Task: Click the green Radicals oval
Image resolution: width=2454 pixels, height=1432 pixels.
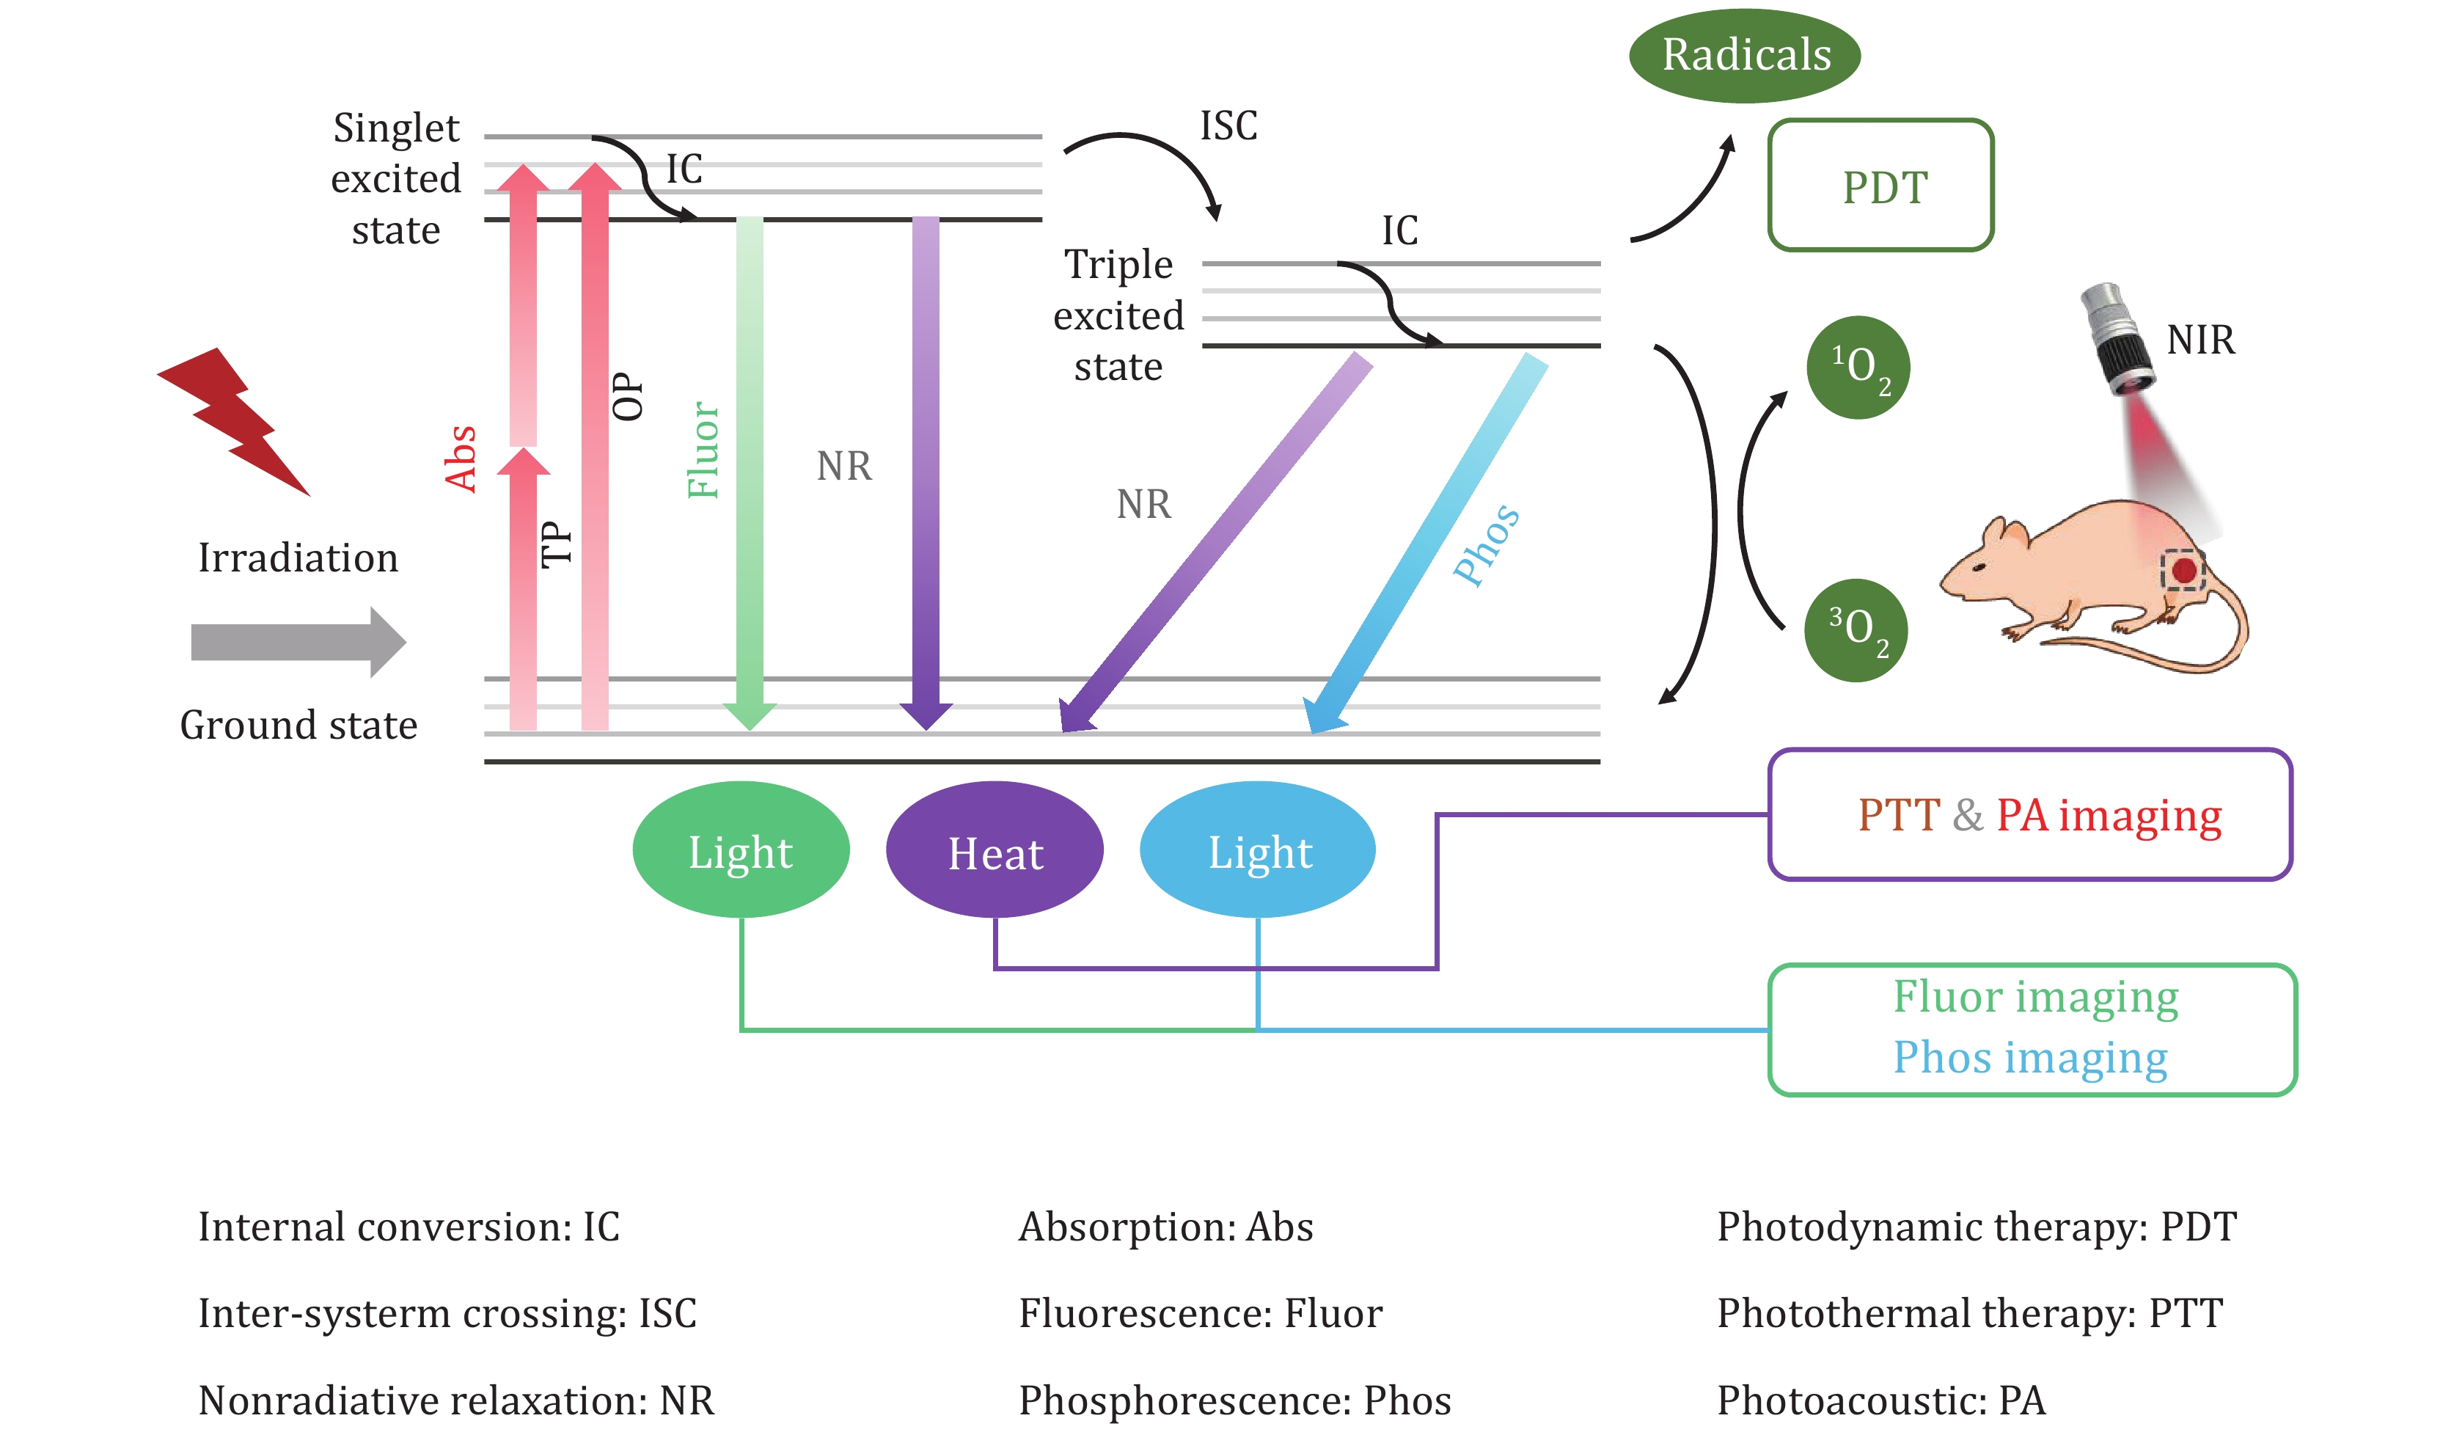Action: pyautogui.click(x=1744, y=54)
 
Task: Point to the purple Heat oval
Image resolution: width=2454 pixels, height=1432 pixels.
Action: pyautogui.click(x=995, y=850)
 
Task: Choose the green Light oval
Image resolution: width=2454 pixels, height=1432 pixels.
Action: pyautogui.click(x=740, y=850)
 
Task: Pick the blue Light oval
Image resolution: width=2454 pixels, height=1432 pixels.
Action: pyautogui.click(x=1257, y=850)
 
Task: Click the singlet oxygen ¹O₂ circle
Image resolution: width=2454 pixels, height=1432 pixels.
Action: pyautogui.click(x=1857, y=368)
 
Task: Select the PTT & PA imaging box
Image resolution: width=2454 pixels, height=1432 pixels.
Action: pyautogui.click(x=2030, y=814)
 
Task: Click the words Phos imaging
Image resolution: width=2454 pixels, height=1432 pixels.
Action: pyautogui.click(x=2029, y=1057)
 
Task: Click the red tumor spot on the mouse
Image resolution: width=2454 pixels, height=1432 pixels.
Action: pyautogui.click(x=2183, y=570)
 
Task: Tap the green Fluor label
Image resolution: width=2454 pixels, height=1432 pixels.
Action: pyautogui.click(x=703, y=450)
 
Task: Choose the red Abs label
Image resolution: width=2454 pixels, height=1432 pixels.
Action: pyautogui.click(x=461, y=458)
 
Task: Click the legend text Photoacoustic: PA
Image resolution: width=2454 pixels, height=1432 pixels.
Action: pyautogui.click(x=1880, y=1400)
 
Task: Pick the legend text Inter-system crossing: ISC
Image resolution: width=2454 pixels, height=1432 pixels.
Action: pyautogui.click(x=447, y=1313)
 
